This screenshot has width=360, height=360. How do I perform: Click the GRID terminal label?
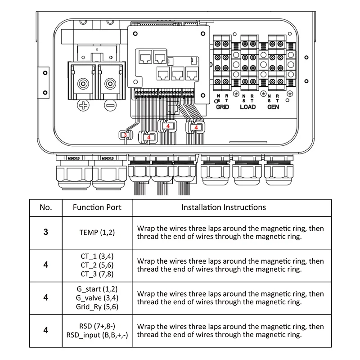pos(222,107)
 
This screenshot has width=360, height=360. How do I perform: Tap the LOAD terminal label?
pos(247,107)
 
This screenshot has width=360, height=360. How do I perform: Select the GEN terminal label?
pos(273,107)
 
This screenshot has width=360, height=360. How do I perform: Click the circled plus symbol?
pos(83,106)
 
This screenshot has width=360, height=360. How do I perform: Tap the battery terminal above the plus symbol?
pos(83,84)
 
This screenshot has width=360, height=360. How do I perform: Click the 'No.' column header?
pos(46,207)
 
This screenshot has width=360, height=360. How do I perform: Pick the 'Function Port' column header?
pos(97,207)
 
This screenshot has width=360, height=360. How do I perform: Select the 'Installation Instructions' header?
pos(224,207)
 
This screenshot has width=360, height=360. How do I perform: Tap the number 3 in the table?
pos(46,232)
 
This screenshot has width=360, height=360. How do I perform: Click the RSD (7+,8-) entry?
pos(97,325)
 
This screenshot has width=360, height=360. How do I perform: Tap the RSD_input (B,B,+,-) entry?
pos(97,335)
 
